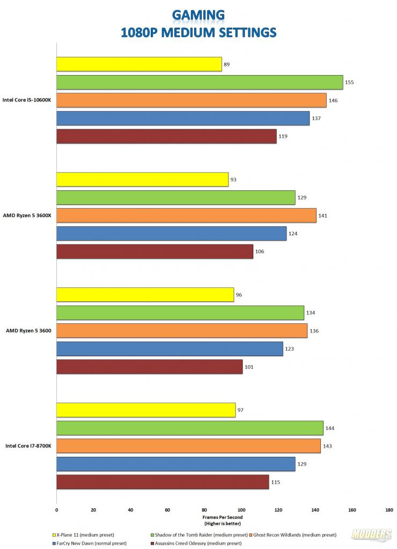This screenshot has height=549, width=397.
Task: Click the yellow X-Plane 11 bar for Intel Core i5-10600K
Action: [x=139, y=64]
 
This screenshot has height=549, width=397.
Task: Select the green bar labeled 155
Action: [x=200, y=82]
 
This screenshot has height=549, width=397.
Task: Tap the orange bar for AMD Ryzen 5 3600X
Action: [x=186, y=216]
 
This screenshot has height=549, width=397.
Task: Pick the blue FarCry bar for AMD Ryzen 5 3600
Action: [x=170, y=349]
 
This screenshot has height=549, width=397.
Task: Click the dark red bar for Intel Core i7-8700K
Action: [x=163, y=482]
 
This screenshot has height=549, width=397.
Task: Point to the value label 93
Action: [x=233, y=180]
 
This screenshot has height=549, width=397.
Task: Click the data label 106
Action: [x=260, y=251]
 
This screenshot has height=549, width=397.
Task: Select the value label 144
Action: [x=330, y=428]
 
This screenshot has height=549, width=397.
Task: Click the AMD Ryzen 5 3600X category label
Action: [x=27, y=216]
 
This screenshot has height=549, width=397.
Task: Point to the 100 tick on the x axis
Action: [x=241, y=510]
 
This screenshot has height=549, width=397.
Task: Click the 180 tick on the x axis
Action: [x=389, y=510]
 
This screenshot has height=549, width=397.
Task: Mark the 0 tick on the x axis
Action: [x=56, y=510]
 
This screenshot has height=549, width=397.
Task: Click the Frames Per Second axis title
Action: [x=223, y=517]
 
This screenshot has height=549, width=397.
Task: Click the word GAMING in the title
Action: [x=199, y=14]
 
